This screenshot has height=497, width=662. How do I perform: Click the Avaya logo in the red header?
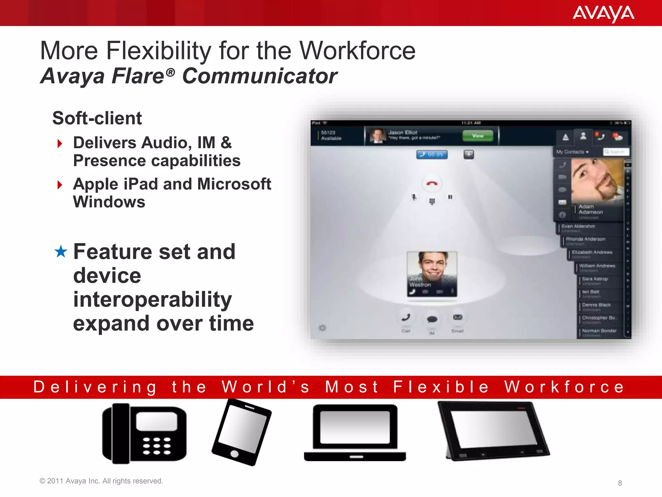[603, 14]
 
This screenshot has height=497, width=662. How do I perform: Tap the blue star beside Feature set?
[61, 252]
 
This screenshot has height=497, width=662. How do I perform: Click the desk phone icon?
[144, 434]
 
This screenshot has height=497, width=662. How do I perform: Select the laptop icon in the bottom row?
[355, 433]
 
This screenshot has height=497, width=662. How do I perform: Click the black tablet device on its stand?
[493, 430]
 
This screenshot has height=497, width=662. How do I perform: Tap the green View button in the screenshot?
[478, 136]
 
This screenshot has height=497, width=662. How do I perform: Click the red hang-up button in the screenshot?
[432, 183]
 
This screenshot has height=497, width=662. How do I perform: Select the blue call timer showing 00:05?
[432, 155]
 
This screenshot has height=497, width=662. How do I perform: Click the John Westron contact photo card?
[432, 274]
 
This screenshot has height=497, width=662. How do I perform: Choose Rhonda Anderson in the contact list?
[585, 239]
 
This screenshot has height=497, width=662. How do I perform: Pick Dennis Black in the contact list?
[596, 305]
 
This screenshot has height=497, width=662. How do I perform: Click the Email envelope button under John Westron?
[457, 317]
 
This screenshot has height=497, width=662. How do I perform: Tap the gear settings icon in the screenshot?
[322, 328]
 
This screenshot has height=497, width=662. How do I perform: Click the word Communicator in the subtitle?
[260, 76]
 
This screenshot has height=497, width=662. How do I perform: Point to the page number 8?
[620, 483]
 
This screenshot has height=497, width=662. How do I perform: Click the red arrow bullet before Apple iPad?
[59, 185]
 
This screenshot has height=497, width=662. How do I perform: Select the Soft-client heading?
[97, 118]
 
